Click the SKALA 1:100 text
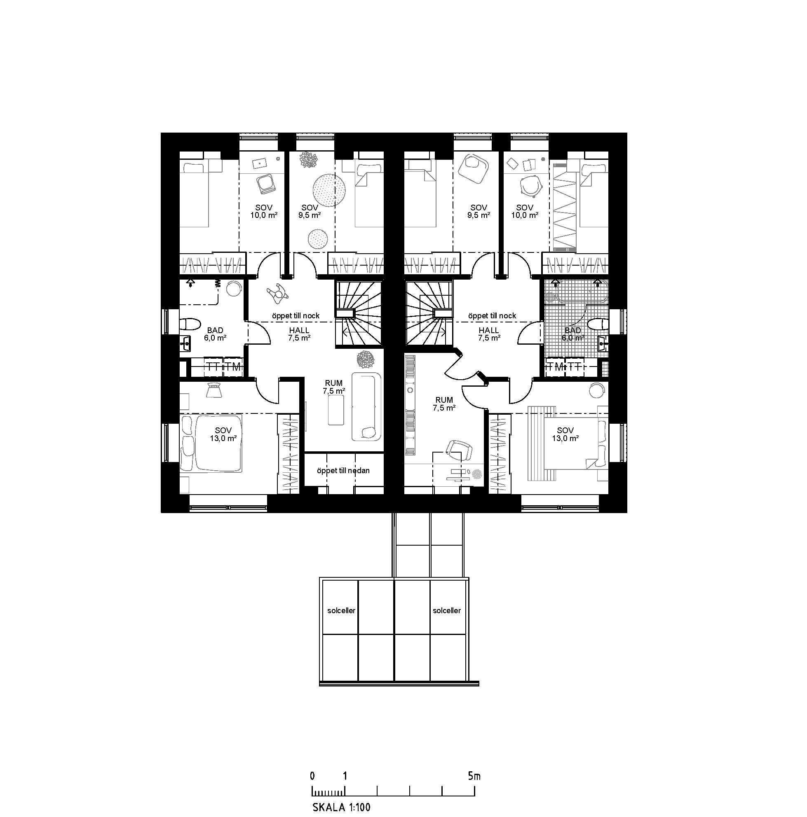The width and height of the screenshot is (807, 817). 341,807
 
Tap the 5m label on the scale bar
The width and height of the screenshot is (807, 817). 474,776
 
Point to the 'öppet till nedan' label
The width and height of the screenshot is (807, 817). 343,470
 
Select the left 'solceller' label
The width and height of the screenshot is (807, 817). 341,611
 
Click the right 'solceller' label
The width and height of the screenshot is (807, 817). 446,611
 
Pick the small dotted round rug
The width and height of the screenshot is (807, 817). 317,239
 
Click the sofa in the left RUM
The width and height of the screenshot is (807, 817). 366,406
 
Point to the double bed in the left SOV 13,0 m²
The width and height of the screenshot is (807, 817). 211,443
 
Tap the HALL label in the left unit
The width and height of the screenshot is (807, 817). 299,330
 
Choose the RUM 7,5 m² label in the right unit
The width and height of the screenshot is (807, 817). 444,404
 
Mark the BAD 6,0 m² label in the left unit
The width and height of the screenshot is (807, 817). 215,334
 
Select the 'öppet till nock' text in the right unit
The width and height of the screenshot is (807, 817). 492,316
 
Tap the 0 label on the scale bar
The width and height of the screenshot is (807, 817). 312,776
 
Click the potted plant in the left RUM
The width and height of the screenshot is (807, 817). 365,360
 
